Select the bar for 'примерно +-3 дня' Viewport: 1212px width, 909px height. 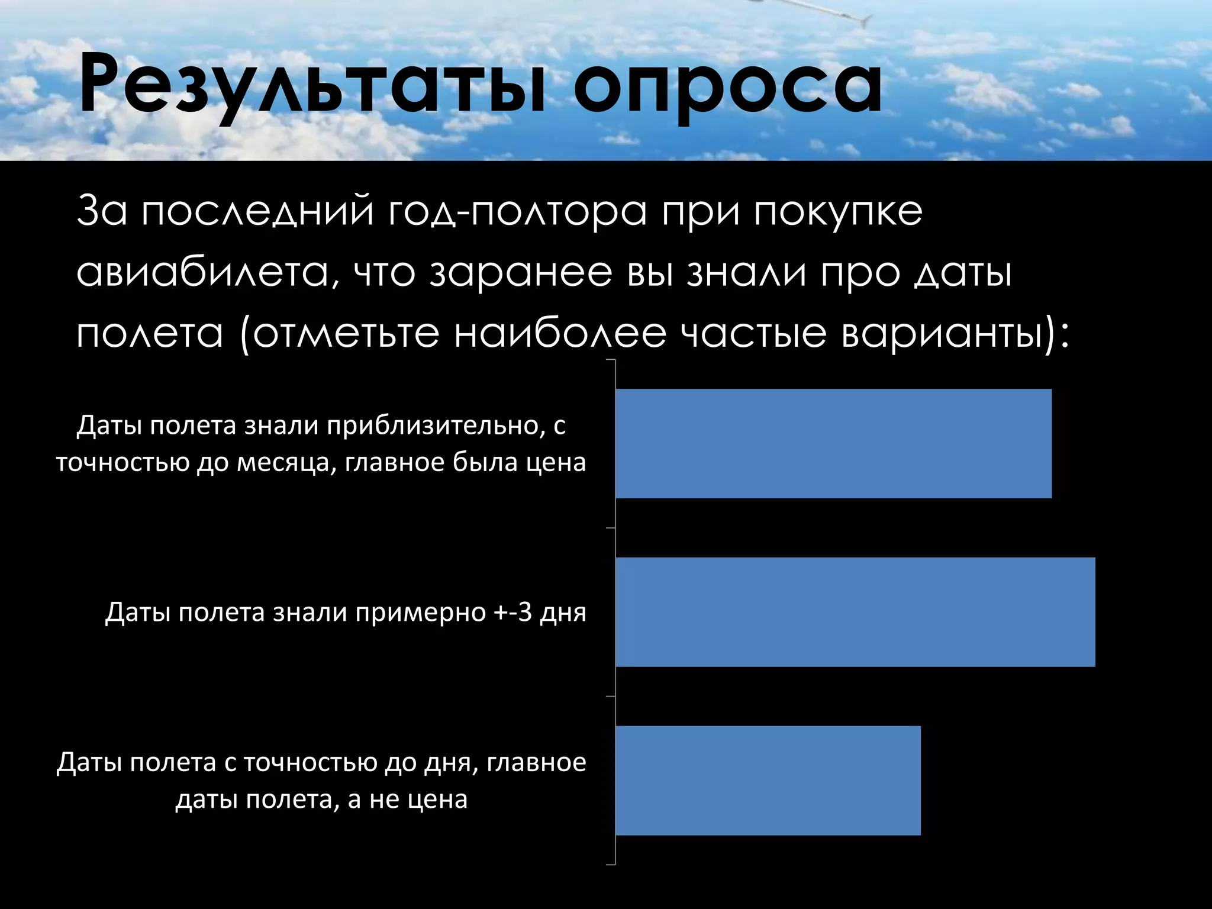coord(855,612)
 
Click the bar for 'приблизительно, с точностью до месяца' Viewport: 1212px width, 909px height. coord(833,443)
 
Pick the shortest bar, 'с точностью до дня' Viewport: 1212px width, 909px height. coord(768,781)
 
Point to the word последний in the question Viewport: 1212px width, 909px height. coord(257,212)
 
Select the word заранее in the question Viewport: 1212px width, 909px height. coord(521,273)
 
